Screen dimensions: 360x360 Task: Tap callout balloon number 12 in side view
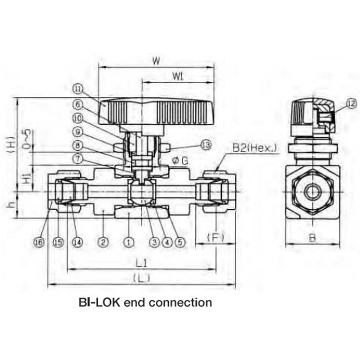point(351,103)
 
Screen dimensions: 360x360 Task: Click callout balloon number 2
point(103,242)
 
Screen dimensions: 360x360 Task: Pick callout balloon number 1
point(129,242)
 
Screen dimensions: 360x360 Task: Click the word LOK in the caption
point(110,302)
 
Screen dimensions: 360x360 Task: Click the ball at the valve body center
point(141,192)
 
